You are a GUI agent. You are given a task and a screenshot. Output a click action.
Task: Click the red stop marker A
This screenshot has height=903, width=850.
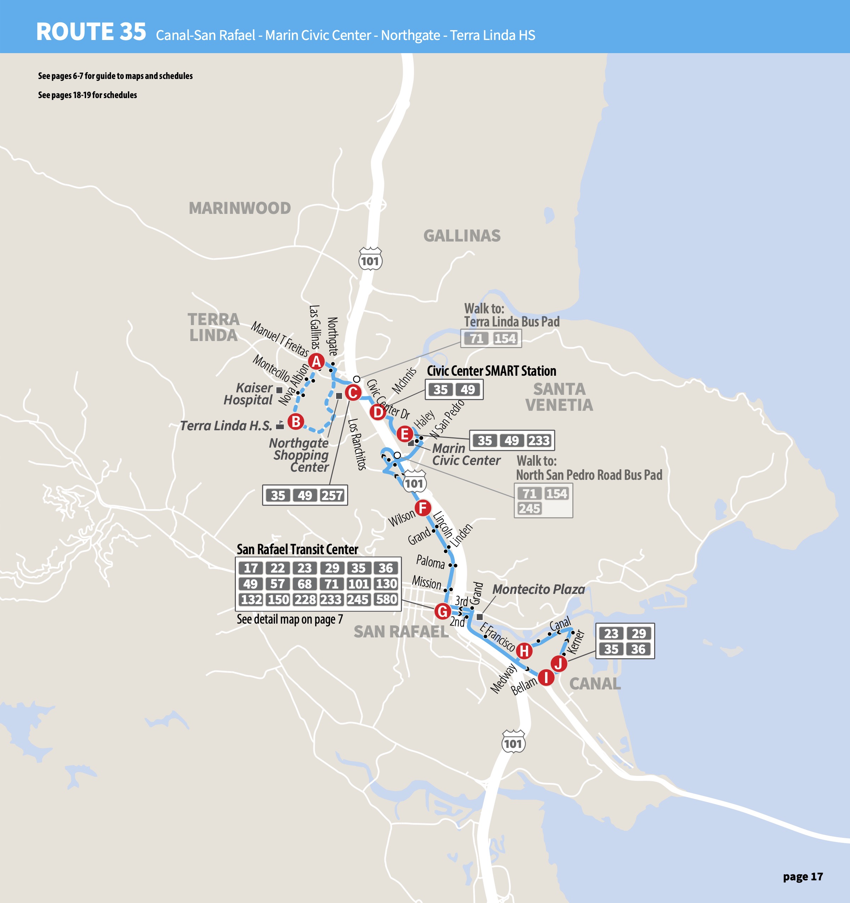click(316, 362)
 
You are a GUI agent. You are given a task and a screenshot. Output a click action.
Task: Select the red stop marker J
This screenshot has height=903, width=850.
click(558, 664)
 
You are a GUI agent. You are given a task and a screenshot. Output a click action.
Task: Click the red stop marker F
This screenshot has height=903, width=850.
click(423, 508)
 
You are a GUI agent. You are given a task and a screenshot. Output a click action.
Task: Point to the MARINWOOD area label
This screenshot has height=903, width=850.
click(239, 208)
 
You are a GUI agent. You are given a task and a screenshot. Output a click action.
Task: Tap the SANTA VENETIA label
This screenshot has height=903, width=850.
click(559, 397)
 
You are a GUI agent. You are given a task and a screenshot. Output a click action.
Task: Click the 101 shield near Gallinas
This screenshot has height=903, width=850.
click(370, 259)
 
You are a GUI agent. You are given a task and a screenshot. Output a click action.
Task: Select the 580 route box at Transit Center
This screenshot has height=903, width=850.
click(386, 600)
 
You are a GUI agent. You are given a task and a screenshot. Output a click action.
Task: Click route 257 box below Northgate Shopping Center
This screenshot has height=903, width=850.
click(332, 495)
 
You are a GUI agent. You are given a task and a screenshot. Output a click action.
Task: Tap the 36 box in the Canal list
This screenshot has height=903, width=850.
click(638, 649)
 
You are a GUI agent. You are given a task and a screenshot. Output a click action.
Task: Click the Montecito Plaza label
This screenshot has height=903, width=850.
click(538, 589)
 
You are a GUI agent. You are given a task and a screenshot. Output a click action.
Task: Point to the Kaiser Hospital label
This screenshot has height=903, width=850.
click(248, 394)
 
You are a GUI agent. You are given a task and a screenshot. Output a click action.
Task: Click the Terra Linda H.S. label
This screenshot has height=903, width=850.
click(226, 426)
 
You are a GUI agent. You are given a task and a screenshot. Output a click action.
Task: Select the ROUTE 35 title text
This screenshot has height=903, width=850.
click(91, 32)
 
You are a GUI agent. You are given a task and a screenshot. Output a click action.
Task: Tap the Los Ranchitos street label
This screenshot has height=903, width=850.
click(357, 444)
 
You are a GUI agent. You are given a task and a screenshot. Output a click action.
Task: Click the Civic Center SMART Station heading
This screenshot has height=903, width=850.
click(491, 371)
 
